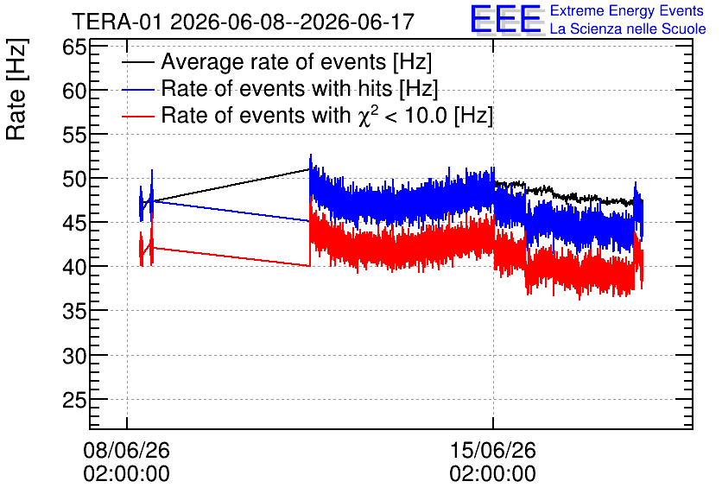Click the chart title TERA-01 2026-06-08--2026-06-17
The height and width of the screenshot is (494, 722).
coord(244,22)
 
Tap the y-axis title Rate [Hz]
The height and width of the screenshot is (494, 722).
coord(16,89)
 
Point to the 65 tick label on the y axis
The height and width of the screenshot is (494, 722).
coord(74,47)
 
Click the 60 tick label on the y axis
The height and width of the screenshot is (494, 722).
coord(74,91)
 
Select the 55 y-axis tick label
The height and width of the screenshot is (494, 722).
coord(74,135)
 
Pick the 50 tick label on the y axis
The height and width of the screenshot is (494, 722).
coord(74,179)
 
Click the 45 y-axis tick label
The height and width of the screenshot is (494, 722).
coord(74,223)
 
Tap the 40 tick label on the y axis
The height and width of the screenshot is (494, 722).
coord(74,267)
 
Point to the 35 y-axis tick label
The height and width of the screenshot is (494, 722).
coord(74,311)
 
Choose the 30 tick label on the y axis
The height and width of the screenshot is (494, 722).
coord(74,355)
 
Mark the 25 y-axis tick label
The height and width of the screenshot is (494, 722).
coord(74,400)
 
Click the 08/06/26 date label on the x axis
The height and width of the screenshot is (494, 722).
coord(127,450)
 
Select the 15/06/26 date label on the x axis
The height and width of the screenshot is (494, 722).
coord(492,450)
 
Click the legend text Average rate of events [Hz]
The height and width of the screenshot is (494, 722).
coord(296,62)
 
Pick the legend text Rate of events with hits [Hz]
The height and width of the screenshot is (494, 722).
coord(300,88)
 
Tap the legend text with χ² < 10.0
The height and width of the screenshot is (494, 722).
coord(327,115)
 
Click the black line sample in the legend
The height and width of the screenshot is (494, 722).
coord(137,62)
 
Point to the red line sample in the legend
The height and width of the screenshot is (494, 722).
coord(137,116)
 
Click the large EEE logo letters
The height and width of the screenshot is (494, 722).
coord(506,20)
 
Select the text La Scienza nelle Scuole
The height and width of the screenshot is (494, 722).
coord(628,28)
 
